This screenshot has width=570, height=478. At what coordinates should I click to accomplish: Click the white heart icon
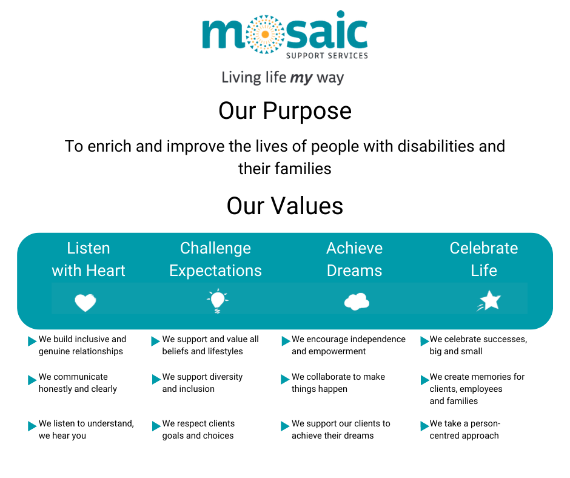[x=85, y=302]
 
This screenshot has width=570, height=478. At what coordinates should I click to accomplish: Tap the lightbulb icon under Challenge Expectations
[x=217, y=301]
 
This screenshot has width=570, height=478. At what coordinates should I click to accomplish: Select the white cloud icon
[x=357, y=301]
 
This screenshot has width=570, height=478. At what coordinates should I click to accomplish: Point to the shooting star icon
[x=489, y=301]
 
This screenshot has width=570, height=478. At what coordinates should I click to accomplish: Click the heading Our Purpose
[x=285, y=111]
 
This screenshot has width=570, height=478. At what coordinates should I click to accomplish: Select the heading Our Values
[x=285, y=206]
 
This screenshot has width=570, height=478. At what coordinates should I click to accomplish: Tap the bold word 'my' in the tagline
[x=301, y=78]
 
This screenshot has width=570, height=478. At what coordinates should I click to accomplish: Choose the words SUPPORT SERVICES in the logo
[x=327, y=56]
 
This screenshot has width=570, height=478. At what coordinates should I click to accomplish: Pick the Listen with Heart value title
[x=89, y=260]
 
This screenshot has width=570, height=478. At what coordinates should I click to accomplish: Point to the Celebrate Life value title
[x=484, y=260]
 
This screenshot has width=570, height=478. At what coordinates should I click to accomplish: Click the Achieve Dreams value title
[x=355, y=260]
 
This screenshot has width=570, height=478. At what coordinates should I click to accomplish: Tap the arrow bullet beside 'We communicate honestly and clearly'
[x=32, y=380]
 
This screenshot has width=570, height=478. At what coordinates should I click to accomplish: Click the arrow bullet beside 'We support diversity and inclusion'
[x=156, y=380]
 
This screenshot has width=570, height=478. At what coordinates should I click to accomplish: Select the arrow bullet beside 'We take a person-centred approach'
[x=424, y=426]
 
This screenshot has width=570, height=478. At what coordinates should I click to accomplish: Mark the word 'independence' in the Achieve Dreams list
[x=377, y=339]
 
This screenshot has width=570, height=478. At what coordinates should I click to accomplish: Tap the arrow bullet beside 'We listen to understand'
[x=32, y=426]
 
